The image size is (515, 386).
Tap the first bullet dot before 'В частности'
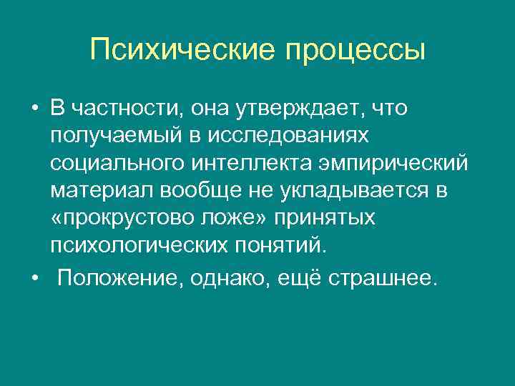[34, 108]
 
